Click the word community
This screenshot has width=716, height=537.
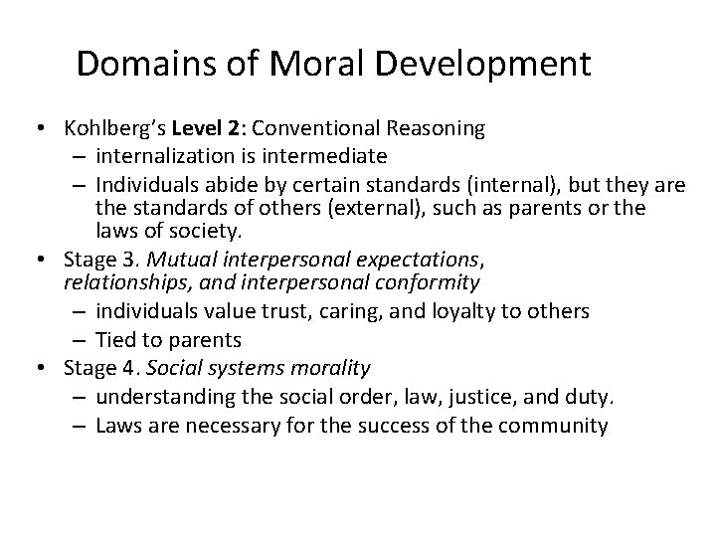tap(553, 426)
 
